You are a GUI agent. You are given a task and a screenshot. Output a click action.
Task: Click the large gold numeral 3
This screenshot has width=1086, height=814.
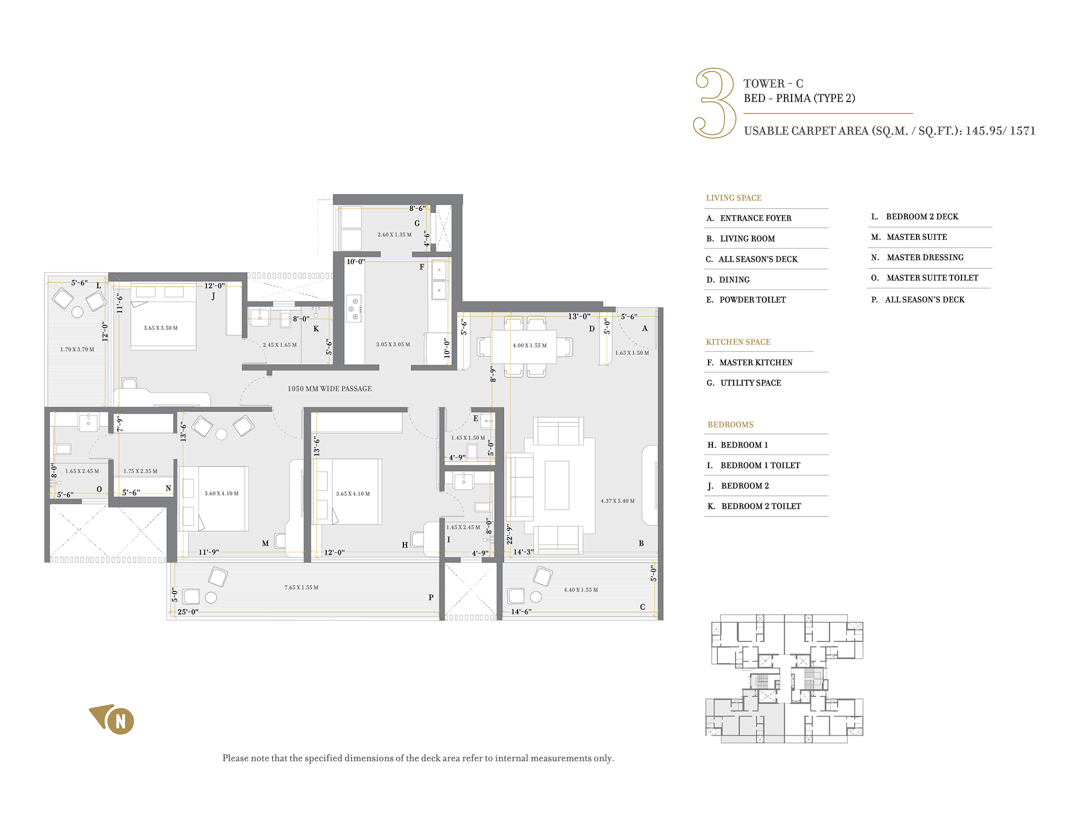click(x=715, y=103)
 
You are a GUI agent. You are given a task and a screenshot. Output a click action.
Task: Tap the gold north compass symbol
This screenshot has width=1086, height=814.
click(x=113, y=720)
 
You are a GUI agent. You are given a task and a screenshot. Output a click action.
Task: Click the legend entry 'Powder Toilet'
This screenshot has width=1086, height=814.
click(x=746, y=300)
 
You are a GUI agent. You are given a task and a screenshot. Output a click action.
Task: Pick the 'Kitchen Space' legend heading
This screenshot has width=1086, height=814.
click(x=738, y=342)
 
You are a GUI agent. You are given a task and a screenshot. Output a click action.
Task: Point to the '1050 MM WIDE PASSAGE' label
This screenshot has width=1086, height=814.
click(x=330, y=389)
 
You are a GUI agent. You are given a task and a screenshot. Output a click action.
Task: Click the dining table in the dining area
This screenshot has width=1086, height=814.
click(x=524, y=346)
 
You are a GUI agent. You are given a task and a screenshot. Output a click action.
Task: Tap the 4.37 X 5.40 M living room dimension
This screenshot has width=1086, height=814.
click(x=617, y=501)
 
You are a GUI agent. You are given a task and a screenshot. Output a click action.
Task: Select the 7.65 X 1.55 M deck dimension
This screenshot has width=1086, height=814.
click(x=301, y=588)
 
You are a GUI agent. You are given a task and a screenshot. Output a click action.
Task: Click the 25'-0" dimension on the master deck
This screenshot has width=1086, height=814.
click(x=188, y=612)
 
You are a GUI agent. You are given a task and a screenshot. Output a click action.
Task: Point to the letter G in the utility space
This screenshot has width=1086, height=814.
click(x=417, y=223)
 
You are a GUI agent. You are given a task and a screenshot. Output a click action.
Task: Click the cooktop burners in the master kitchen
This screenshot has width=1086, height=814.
click(x=354, y=308)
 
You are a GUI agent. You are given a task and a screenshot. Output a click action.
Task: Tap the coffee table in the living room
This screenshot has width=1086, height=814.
click(x=557, y=485)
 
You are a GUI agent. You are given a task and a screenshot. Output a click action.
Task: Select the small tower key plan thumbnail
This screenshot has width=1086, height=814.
click(x=784, y=678)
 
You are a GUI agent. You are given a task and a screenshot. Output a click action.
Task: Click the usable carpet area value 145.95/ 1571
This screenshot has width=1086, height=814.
click(x=1000, y=131)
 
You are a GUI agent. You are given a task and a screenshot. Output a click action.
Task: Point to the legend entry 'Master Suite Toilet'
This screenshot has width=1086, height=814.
click(x=925, y=278)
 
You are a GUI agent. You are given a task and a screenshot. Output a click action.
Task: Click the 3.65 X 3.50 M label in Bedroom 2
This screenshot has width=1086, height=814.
click(x=161, y=328)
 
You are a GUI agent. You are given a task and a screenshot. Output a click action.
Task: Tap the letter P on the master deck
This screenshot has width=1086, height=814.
click(x=431, y=597)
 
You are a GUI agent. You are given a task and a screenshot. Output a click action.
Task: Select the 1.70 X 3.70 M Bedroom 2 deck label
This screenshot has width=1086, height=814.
click(x=77, y=349)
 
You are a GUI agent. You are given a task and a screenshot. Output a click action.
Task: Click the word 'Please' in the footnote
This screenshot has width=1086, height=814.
click(x=235, y=758)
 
